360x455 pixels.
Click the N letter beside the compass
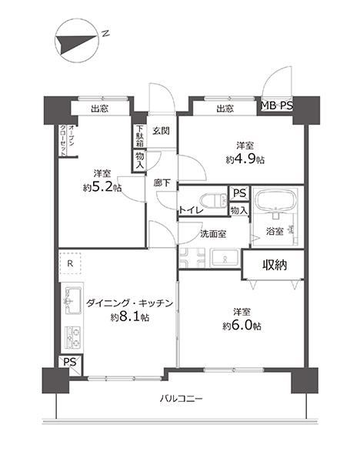coord(106,33)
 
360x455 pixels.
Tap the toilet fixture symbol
coord(213,201)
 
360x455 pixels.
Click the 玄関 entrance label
coord(162,131)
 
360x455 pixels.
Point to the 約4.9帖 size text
coord(245,159)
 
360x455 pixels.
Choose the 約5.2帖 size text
coord(102,187)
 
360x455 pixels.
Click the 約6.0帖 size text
coord(242,326)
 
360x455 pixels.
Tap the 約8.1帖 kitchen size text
coord(130,317)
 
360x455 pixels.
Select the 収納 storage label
coord(275,264)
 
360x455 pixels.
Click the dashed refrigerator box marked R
coord(70,263)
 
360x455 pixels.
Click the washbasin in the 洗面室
coord(225,258)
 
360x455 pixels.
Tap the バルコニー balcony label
coord(182,399)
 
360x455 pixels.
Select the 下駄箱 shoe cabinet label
coord(140,135)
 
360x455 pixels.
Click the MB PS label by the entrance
coord(277,105)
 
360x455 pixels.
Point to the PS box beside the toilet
coord(239,193)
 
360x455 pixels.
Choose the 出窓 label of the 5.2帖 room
coord(99,109)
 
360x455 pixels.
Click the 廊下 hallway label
coord(162,183)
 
